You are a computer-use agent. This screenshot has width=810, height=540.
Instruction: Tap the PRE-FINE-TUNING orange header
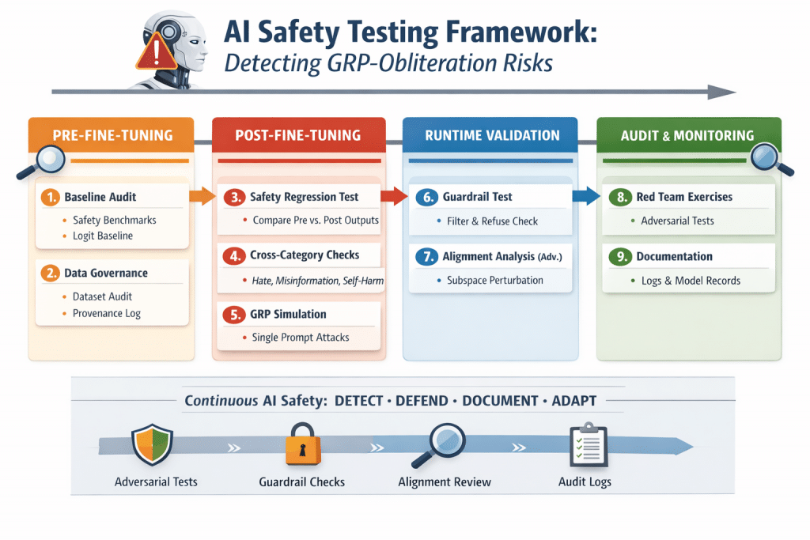pyautogui.click(x=112, y=135)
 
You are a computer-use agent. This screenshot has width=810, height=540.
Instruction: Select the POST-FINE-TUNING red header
pyautogui.click(x=298, y=135)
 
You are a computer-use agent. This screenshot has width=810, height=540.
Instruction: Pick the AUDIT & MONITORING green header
pyautogui.click(x=686, y=135)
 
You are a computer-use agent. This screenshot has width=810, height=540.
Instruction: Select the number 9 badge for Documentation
pyautogui.click(x=620, y=257)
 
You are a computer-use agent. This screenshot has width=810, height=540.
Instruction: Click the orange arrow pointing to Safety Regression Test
pyautogui.click(x=203, y=195)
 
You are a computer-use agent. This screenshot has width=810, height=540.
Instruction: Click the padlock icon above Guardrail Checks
pyautogui.click(x=302, y=444)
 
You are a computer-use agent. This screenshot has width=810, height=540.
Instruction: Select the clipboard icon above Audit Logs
pyautogui.click(x=588, y=444)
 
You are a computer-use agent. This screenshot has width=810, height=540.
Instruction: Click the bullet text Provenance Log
pyautogui.click(x=107, y=313)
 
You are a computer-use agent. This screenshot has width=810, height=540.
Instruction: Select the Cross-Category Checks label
pyautogui.click(x=305, y=255)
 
